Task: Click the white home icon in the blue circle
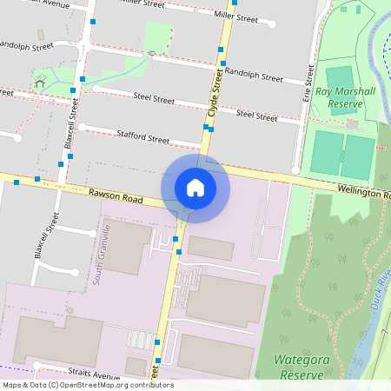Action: (195, 188)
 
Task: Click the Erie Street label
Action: (308, 86)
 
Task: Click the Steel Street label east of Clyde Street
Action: (257, 114)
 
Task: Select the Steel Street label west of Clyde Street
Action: (154, 99)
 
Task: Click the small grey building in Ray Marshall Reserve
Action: (353, 125)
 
